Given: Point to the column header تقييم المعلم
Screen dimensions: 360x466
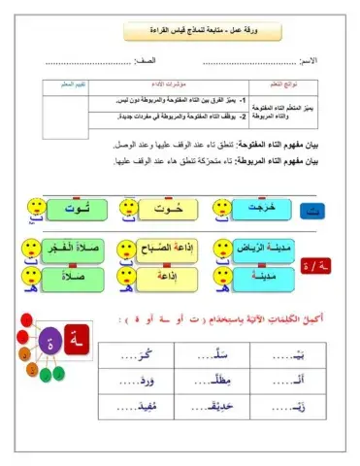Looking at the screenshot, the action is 65,84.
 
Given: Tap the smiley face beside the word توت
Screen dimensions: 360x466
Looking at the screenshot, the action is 34,208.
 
